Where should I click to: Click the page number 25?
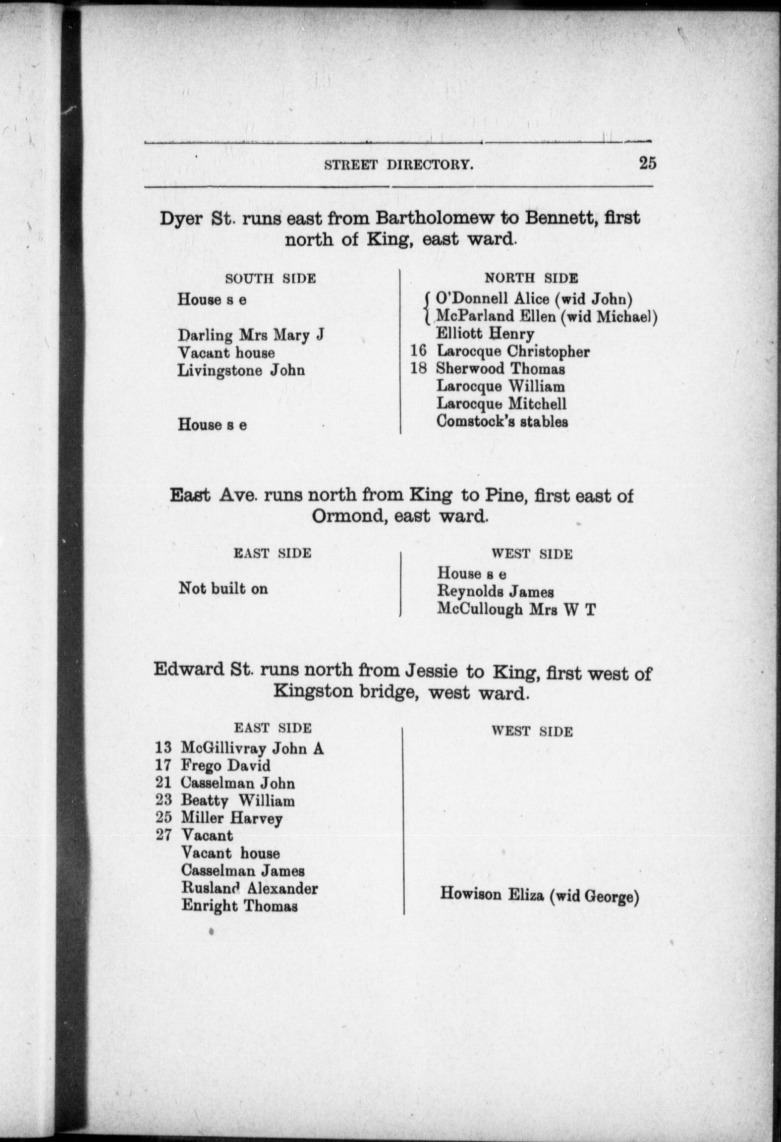(647, 163)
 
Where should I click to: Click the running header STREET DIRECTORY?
(398, 165)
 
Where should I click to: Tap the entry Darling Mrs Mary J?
(251, 336)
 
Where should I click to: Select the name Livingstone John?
(241, 370)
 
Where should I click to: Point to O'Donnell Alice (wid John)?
(534, 299)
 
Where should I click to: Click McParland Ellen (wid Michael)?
(547, 316)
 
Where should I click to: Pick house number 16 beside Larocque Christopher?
(418, 351)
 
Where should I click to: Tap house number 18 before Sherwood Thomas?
(418, 368)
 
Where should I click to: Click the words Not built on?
(223, 588)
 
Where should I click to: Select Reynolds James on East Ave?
(495, 591)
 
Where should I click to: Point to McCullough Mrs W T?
(516, 609)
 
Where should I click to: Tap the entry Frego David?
(225, 765)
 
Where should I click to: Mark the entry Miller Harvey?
(231, 818)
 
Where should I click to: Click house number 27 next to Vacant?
(163, 835)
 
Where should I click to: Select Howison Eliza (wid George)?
(539, 895)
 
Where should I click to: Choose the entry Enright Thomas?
(239, 906)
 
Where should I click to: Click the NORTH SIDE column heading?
(531, 278)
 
